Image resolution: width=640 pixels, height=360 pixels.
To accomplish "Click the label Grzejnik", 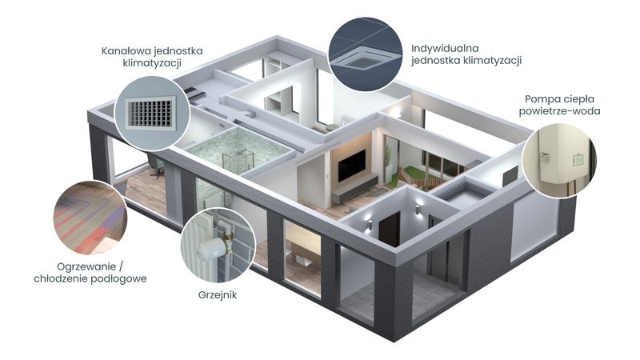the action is (217, 295).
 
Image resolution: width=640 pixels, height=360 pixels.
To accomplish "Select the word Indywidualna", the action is (445, 49).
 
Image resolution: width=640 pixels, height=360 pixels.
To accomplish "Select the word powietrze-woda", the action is (559, 111).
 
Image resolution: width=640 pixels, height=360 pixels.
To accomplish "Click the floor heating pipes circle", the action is (90, 217).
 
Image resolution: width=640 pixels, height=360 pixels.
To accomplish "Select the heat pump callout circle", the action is (558, 160).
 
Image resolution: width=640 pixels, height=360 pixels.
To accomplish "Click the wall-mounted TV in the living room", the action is (351, 165).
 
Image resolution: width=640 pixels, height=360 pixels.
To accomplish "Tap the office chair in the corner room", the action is (156, 166).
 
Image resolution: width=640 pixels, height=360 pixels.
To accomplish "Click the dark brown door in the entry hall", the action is (389, 228).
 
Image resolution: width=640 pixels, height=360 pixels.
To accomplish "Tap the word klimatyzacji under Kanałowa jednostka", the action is (152, 64).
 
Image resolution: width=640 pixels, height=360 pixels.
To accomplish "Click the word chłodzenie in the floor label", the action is (63, 279).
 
